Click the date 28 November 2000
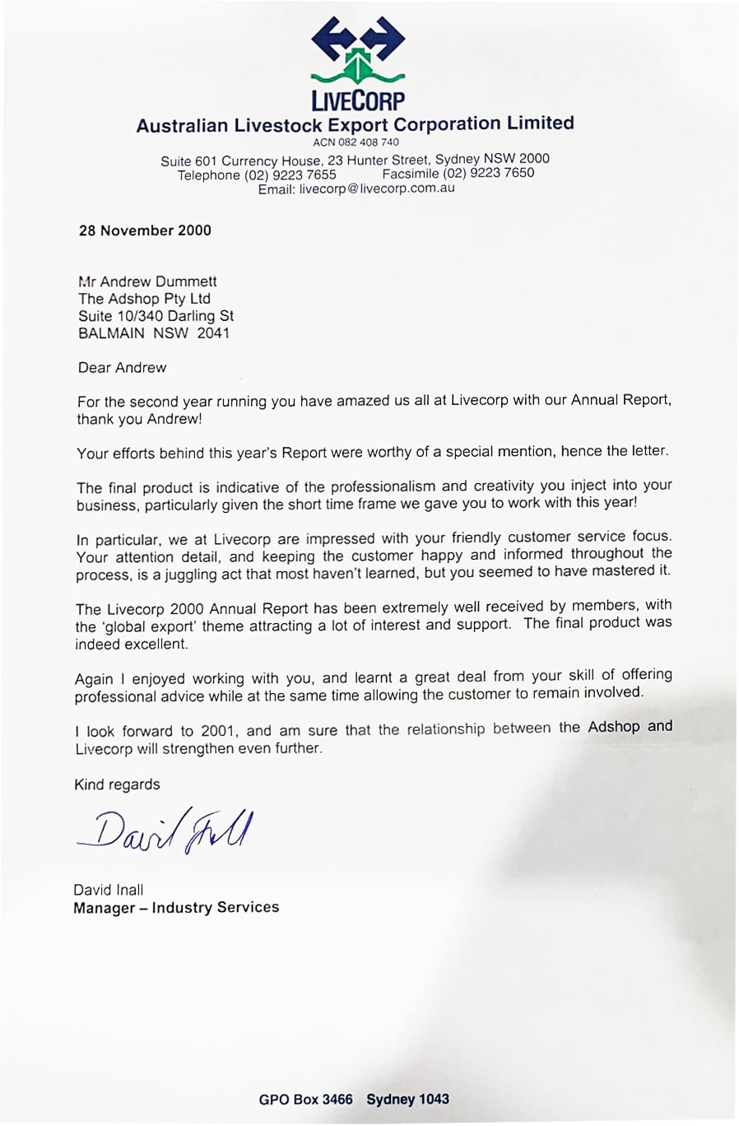tap(145, 230)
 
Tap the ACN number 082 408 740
tap(356, 142)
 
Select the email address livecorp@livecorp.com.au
tap(377, 188)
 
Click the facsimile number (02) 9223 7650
tap(488, 173)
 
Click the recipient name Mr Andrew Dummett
tap(147, 281)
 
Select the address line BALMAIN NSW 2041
tap(154, 333)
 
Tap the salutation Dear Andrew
tap(122, 368)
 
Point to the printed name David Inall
tap(108, 890)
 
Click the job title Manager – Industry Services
tap(176, 908)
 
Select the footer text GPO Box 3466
tap(305, 1100)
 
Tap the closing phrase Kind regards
tap(117, 784)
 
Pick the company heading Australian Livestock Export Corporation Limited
tap(355, 124)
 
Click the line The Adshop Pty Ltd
tap(144, 299)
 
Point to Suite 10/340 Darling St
tap(156, 316)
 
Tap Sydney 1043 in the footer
tap(408, 1100)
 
